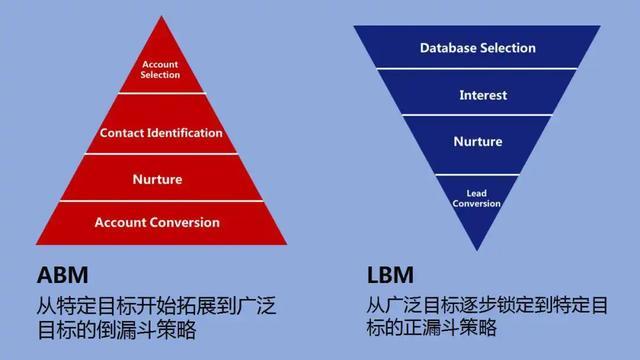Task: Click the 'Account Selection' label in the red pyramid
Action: (x=160, y=69)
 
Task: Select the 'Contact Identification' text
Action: (x=161, y=132)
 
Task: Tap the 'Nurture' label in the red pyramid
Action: (x=157, y=180)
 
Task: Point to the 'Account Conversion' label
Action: (x=157, y=222)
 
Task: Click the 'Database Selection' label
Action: (x=477, y=48)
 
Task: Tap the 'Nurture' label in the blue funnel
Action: (x=478, y=142)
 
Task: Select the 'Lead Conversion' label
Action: (x=476, y=198)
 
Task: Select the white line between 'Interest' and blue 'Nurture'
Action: (x=478, y=118)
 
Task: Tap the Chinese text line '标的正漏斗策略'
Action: (x=432, y=328)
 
